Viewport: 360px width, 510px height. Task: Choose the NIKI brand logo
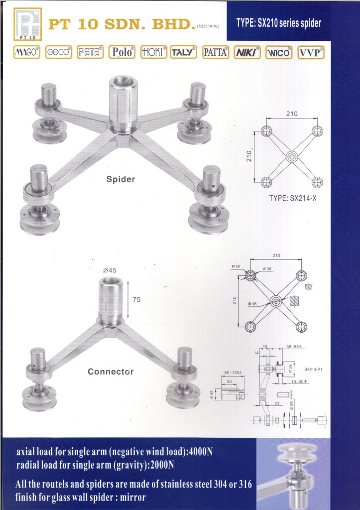pos(247,52)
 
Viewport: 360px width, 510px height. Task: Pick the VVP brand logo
pos(311,52)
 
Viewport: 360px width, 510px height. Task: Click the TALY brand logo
pos(184,52)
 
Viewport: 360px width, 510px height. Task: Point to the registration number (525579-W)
pos(208,27)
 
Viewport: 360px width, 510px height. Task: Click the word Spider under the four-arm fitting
pos(120,179)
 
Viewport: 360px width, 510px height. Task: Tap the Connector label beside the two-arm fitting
pos(111,372)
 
